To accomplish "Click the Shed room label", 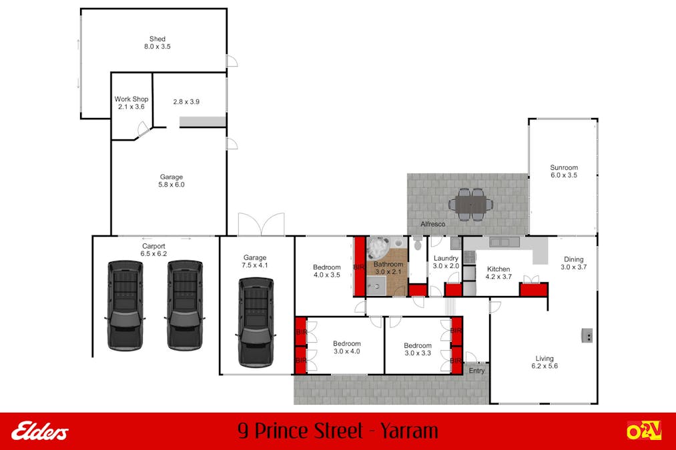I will click(157, 43).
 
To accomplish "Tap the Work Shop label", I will click(131, 103).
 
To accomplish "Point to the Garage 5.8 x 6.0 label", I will click(171, 181).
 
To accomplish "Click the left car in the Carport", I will click(125, 305).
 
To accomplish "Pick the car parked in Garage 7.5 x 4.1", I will click(255, 321).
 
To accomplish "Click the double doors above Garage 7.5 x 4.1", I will click(261, 224).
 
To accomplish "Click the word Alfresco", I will click(432, 224).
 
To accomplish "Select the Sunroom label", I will click(563, 171).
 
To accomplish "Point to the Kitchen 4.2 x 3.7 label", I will click(498, 273).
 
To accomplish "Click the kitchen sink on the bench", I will click(498, 243).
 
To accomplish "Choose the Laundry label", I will click(446, 262).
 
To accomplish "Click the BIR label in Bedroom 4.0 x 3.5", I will click(358, 267).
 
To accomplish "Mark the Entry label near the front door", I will click(476, 371).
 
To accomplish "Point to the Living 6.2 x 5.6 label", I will click(544, 362).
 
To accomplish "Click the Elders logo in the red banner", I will click(39, 431).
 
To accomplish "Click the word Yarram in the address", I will click(409, 431).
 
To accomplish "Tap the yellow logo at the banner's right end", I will click(643, 431).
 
